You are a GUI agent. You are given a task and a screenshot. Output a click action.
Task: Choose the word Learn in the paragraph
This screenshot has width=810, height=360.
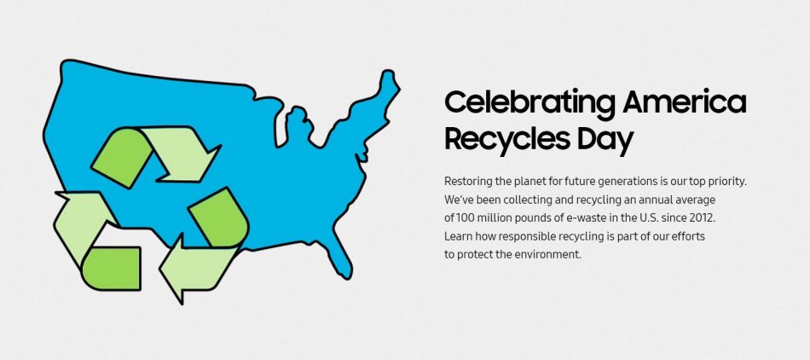coord(459,235)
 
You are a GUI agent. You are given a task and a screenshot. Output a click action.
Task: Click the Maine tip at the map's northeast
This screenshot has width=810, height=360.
coord(388,82)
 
